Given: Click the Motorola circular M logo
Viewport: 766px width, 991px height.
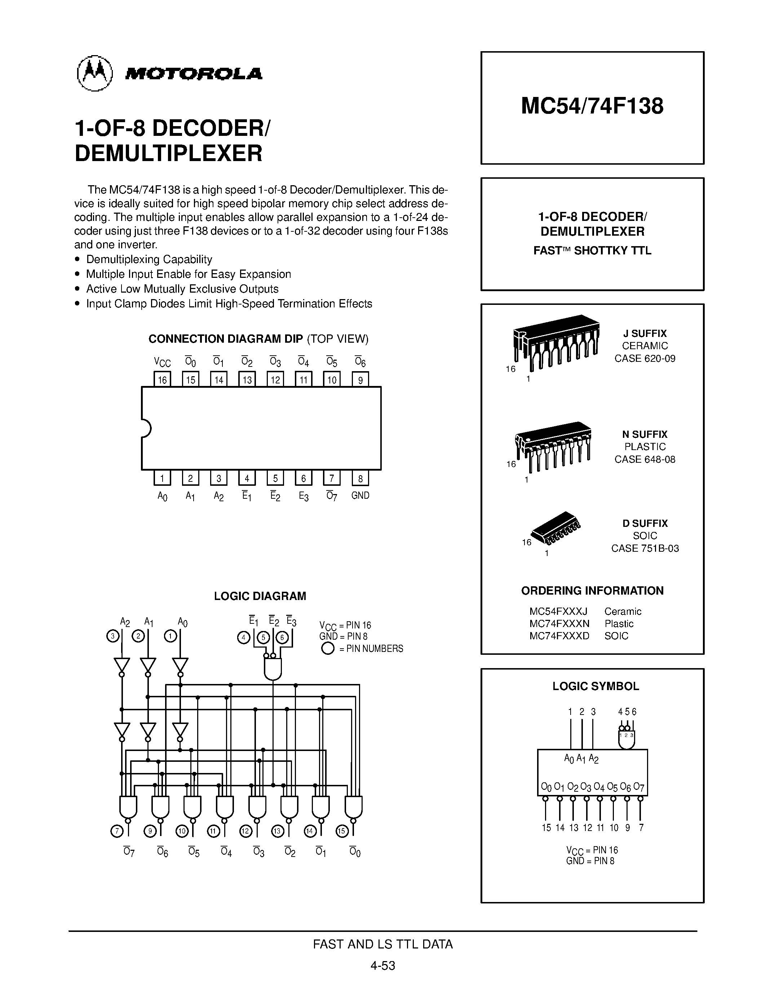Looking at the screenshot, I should coord(94,73).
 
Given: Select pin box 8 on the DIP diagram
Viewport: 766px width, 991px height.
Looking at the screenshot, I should coord(360,478).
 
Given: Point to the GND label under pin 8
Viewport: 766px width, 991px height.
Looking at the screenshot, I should coord(360,496).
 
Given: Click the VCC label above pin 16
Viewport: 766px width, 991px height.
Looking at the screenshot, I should coord(162,362).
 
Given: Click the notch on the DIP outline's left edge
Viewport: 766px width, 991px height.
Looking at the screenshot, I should coord(145,428).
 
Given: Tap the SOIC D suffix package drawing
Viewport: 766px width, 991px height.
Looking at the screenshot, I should coord(556,528).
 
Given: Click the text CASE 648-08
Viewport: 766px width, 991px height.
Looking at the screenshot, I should coord(645,459).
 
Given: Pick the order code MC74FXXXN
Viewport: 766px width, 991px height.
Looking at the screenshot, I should coord(559,623).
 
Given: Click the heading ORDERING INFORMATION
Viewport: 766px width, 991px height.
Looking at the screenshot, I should coord(592,591).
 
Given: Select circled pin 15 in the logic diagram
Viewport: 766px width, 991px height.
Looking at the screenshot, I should coord(341,831).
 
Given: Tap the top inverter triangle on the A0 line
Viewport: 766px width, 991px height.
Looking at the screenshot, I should coord(180,665).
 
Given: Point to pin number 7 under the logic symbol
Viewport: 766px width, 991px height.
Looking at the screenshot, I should coord(641,828).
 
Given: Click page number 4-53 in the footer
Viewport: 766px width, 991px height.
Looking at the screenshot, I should coord(382,965).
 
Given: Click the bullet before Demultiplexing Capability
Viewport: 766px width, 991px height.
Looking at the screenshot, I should coord(78,259).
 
